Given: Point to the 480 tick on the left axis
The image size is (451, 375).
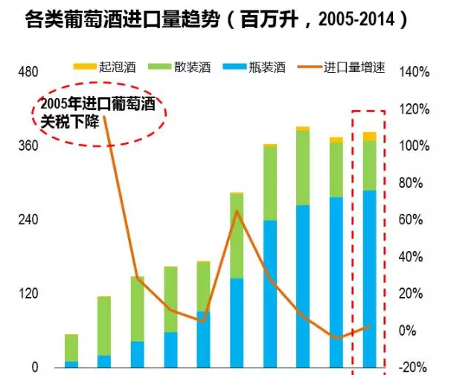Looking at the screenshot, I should point(28,72).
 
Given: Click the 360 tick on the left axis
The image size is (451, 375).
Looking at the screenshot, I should point(28,146).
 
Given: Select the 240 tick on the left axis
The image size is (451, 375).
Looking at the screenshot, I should point(28,221).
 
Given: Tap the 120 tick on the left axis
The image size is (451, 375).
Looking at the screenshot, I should point(28,294).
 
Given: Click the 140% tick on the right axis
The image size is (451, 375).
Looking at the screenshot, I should point(415,72).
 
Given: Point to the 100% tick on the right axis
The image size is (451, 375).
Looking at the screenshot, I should point(415,146).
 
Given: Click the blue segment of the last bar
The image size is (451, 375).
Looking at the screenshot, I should point(369,278).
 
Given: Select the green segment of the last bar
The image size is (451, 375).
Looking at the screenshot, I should point(369,165).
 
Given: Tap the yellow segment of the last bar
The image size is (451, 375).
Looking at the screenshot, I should point(369,136).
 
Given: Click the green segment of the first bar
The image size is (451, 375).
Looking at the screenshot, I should point(71,348).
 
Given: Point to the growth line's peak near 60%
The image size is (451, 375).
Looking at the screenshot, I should point(237,212).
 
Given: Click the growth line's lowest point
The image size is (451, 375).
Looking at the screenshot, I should point(336,339).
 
